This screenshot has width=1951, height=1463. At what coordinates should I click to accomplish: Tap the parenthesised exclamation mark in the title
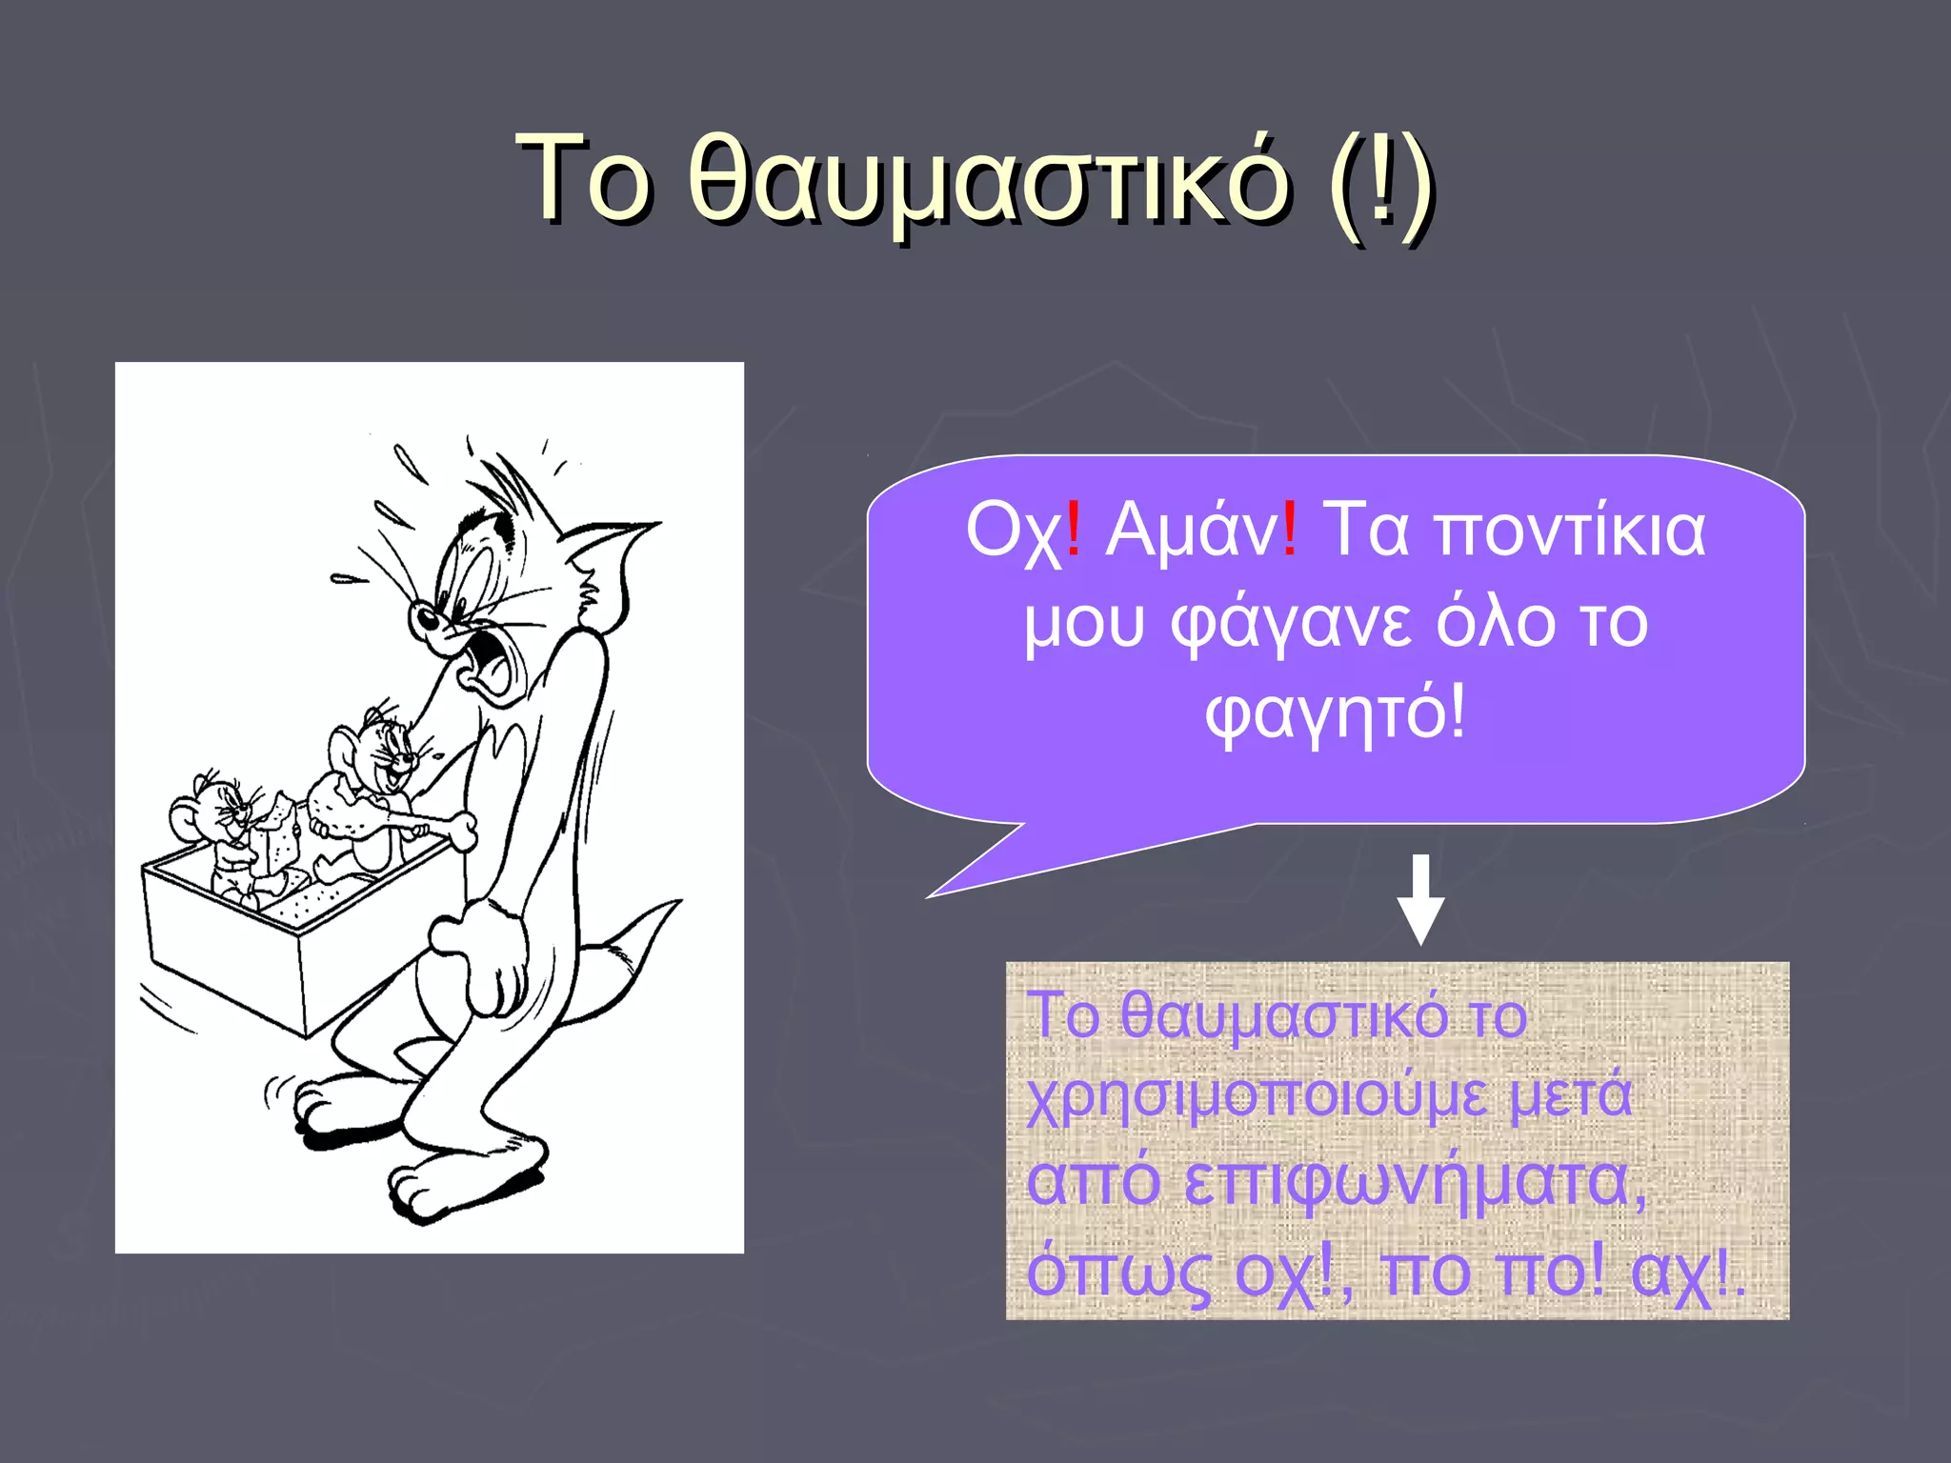(x=1380, y=181)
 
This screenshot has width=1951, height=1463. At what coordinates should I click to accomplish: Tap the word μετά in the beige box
(x=1571, y=1095)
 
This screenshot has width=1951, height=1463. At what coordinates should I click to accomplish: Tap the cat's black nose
(x=425, y=619)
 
